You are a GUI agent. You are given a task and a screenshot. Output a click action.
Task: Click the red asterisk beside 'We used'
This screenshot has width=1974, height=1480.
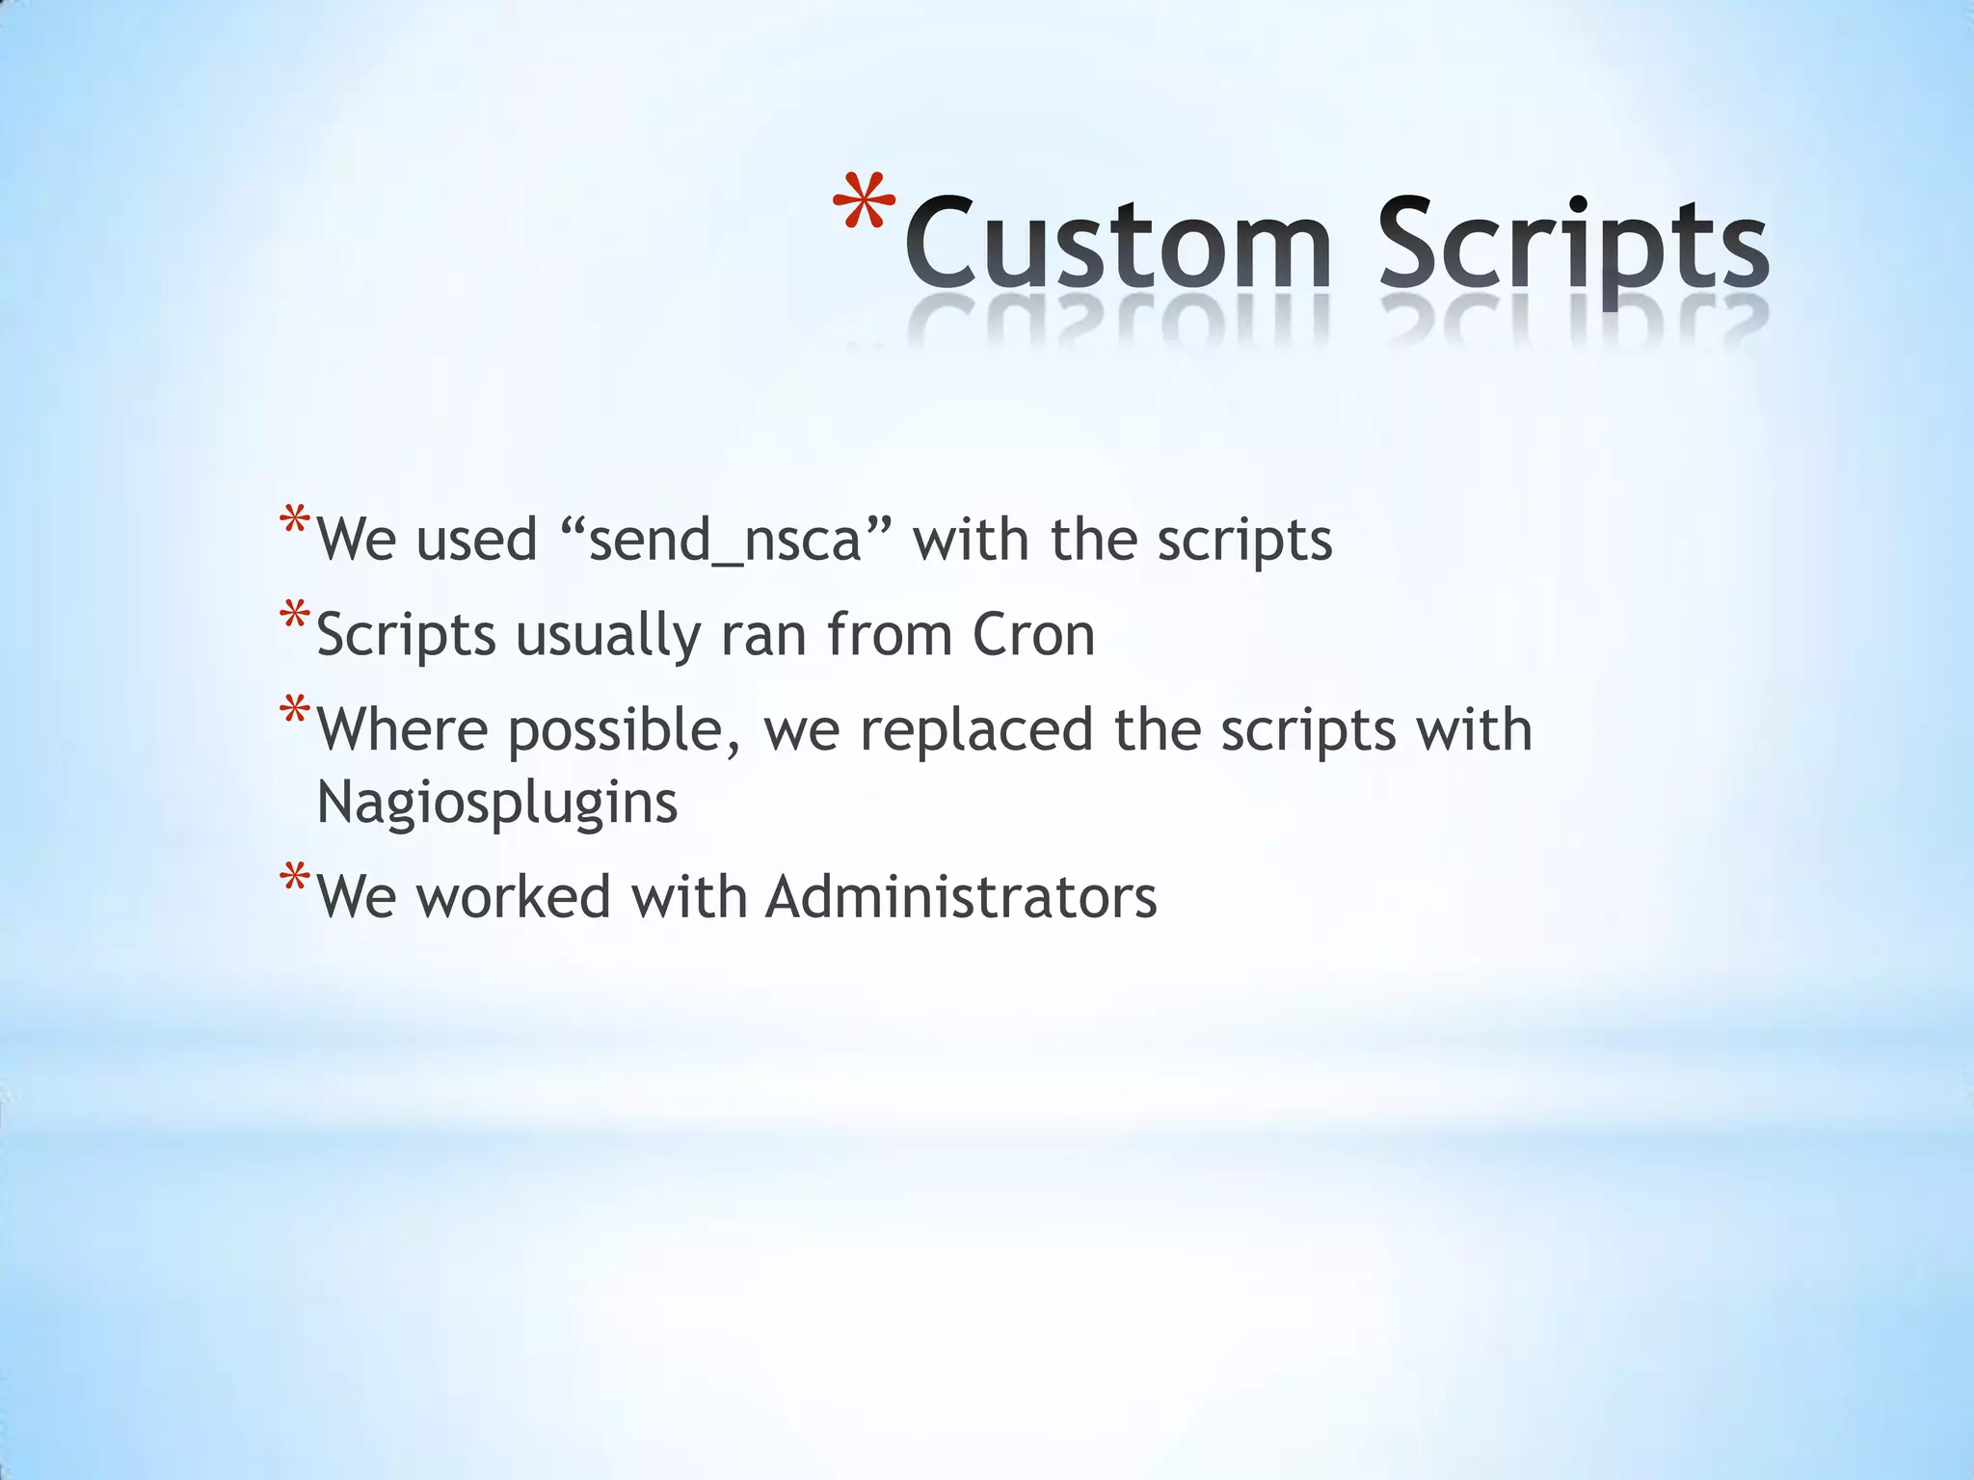[x=294, y=523]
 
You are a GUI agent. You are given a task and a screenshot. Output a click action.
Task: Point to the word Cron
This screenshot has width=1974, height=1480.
[x=1033, y=635]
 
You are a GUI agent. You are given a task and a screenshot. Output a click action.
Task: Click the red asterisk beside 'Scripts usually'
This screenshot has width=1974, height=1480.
[x=294, y=618]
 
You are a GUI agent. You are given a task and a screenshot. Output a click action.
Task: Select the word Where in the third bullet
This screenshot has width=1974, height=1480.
[x=402, y=729]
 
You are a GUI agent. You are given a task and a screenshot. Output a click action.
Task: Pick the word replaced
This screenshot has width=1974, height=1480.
[x=976, y=729]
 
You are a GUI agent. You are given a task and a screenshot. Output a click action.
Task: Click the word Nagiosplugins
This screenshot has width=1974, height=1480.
[x=497, y=803]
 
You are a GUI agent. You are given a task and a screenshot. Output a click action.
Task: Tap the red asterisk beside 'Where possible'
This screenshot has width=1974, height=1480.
[x=294, y=712]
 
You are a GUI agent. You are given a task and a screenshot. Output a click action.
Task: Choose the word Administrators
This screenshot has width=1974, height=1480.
[x=961, y=897]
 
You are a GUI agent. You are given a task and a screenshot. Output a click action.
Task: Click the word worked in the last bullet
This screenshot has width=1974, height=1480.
[x=514, y=897]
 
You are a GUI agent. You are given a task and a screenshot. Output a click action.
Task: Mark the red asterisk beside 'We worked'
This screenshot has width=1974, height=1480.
[x=294, y=881]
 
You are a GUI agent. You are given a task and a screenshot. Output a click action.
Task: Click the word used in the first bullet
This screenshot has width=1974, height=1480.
[x=476, y=540]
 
